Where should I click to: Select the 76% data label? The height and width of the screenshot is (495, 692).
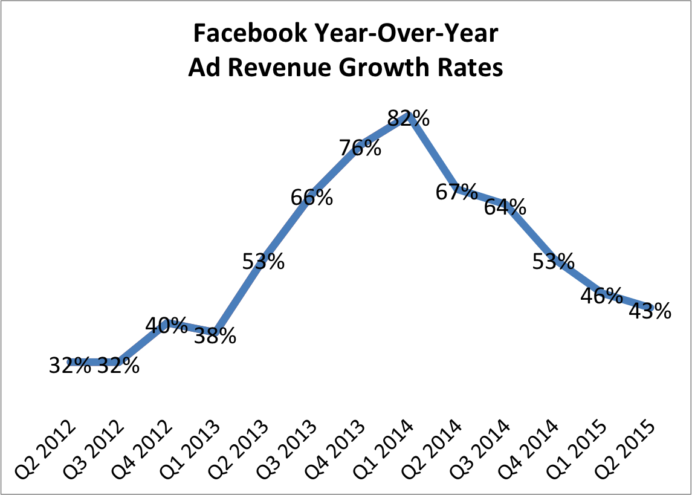point(360,147)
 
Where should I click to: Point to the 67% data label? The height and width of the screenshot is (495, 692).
point(457,192)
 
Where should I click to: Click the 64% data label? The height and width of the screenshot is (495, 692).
point(505,207)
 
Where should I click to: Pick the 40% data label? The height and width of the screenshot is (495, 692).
point(167,326)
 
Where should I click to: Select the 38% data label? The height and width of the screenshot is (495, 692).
point(215,336)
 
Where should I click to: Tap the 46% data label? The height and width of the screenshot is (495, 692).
point(602,296)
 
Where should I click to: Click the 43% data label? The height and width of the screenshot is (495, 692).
point(650,311)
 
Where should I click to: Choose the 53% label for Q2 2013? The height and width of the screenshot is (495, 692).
point(264,261)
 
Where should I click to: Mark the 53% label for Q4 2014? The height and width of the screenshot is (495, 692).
point(554,261)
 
